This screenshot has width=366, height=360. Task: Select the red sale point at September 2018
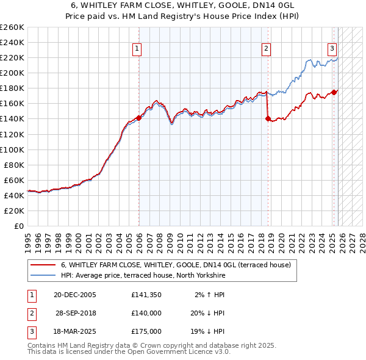point(268,119)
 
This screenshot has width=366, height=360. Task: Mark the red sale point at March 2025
point(334,92)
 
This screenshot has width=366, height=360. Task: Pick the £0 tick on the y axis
point(18,226)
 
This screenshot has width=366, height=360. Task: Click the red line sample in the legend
point(43,265)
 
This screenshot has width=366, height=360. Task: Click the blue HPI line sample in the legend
point(43,275)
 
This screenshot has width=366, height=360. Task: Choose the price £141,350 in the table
point(146,294)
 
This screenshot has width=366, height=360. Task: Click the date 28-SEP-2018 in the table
point(76,313)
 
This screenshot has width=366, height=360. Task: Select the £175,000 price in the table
point(146,331)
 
